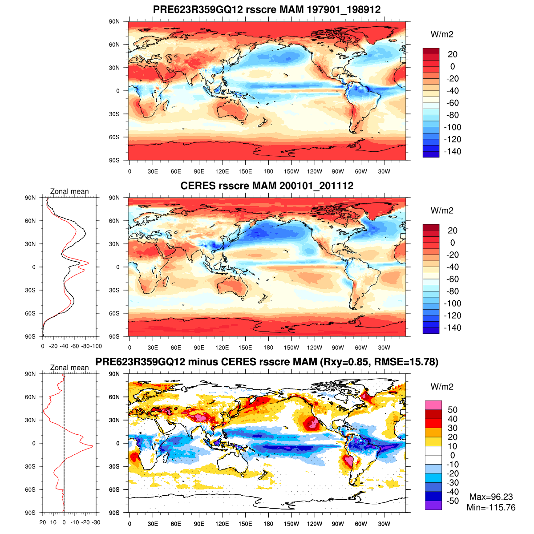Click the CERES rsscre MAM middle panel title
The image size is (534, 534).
[x=267, y=186]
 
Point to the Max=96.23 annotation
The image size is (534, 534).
[x=491, y=497]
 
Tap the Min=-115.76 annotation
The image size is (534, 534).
[x=491, y=507]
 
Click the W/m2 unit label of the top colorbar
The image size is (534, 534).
[x=442, y=35]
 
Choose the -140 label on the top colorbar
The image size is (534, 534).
[x=453, y=151]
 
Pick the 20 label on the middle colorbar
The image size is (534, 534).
[x=452, y=231]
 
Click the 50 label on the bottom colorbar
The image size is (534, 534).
[x=453, y=410]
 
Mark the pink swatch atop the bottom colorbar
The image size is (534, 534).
[x=433, y=405]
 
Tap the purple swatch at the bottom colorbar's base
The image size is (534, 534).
[x=433, y=505]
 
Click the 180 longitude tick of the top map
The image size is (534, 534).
[x=268, y=171]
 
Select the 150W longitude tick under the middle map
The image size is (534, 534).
[x=291, y=348]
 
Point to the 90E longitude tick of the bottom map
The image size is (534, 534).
[x=199, y=524]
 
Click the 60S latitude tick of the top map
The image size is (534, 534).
[x=114, y=137]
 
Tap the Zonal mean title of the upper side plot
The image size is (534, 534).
[x=69, y=191]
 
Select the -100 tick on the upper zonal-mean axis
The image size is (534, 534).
[x=97, y=346]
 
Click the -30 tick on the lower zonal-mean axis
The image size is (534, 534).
[x=96, y=522]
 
